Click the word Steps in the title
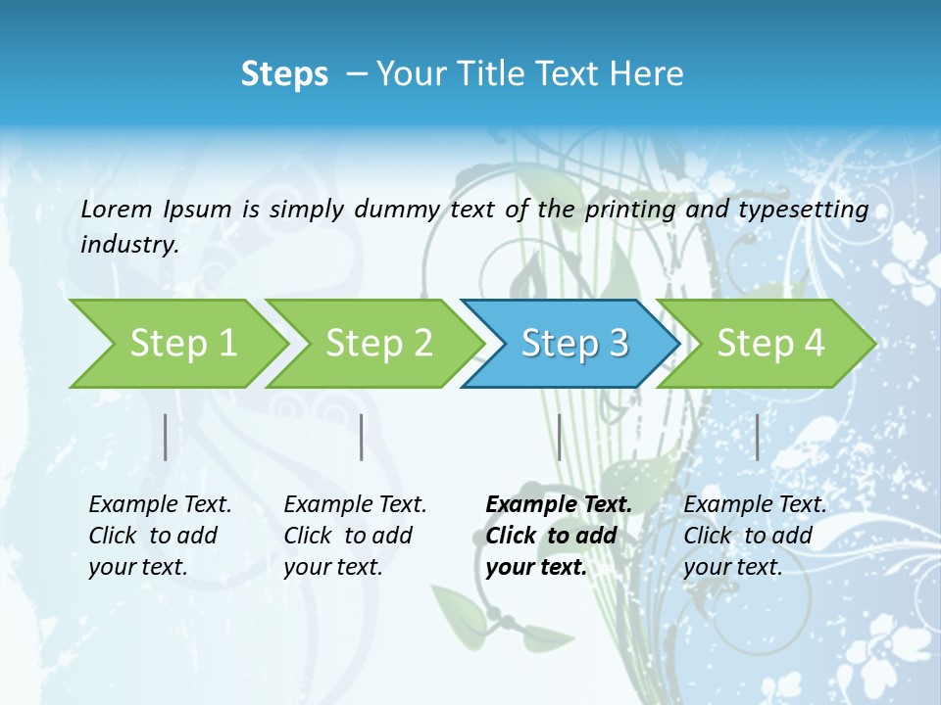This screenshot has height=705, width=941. point(284,74)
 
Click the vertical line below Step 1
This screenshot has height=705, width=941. point(166,437)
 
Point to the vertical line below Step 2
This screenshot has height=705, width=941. point(362,437)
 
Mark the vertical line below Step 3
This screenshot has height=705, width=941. point(559,437)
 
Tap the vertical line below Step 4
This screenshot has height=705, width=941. point(757,437)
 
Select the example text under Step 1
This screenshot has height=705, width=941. point(160,536)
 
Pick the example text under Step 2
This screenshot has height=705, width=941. point(355,536)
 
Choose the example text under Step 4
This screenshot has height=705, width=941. point(755,536)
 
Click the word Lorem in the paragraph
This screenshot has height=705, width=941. point(117,210)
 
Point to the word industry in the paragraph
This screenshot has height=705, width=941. point(128,245)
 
